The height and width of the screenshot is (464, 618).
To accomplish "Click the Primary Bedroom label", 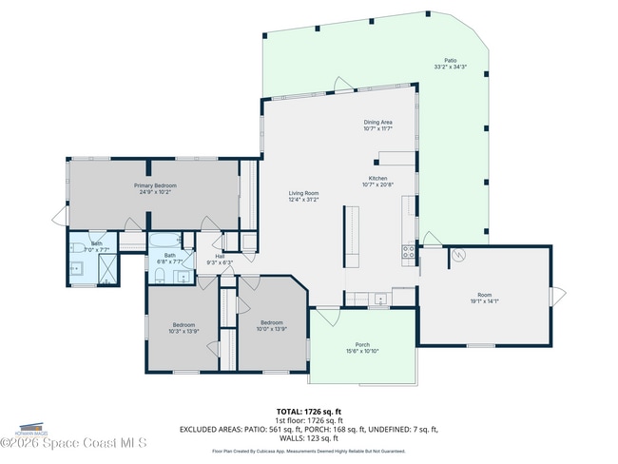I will tap(155, 185).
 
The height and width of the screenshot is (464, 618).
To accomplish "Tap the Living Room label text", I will tap(303, 193).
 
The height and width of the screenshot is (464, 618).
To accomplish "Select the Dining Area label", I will tap(377, 123).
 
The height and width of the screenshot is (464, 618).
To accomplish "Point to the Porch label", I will tap(362, 345).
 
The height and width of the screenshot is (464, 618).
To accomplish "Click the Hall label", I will tap(220, 256).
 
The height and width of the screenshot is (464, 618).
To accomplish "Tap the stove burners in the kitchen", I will tap(409, 252).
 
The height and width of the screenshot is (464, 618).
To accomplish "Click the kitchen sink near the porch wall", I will tap(380, 300).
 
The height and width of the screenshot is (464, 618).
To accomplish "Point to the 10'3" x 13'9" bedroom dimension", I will tap(183, 330).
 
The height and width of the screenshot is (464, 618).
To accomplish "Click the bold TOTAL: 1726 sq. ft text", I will tap(308, 411).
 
